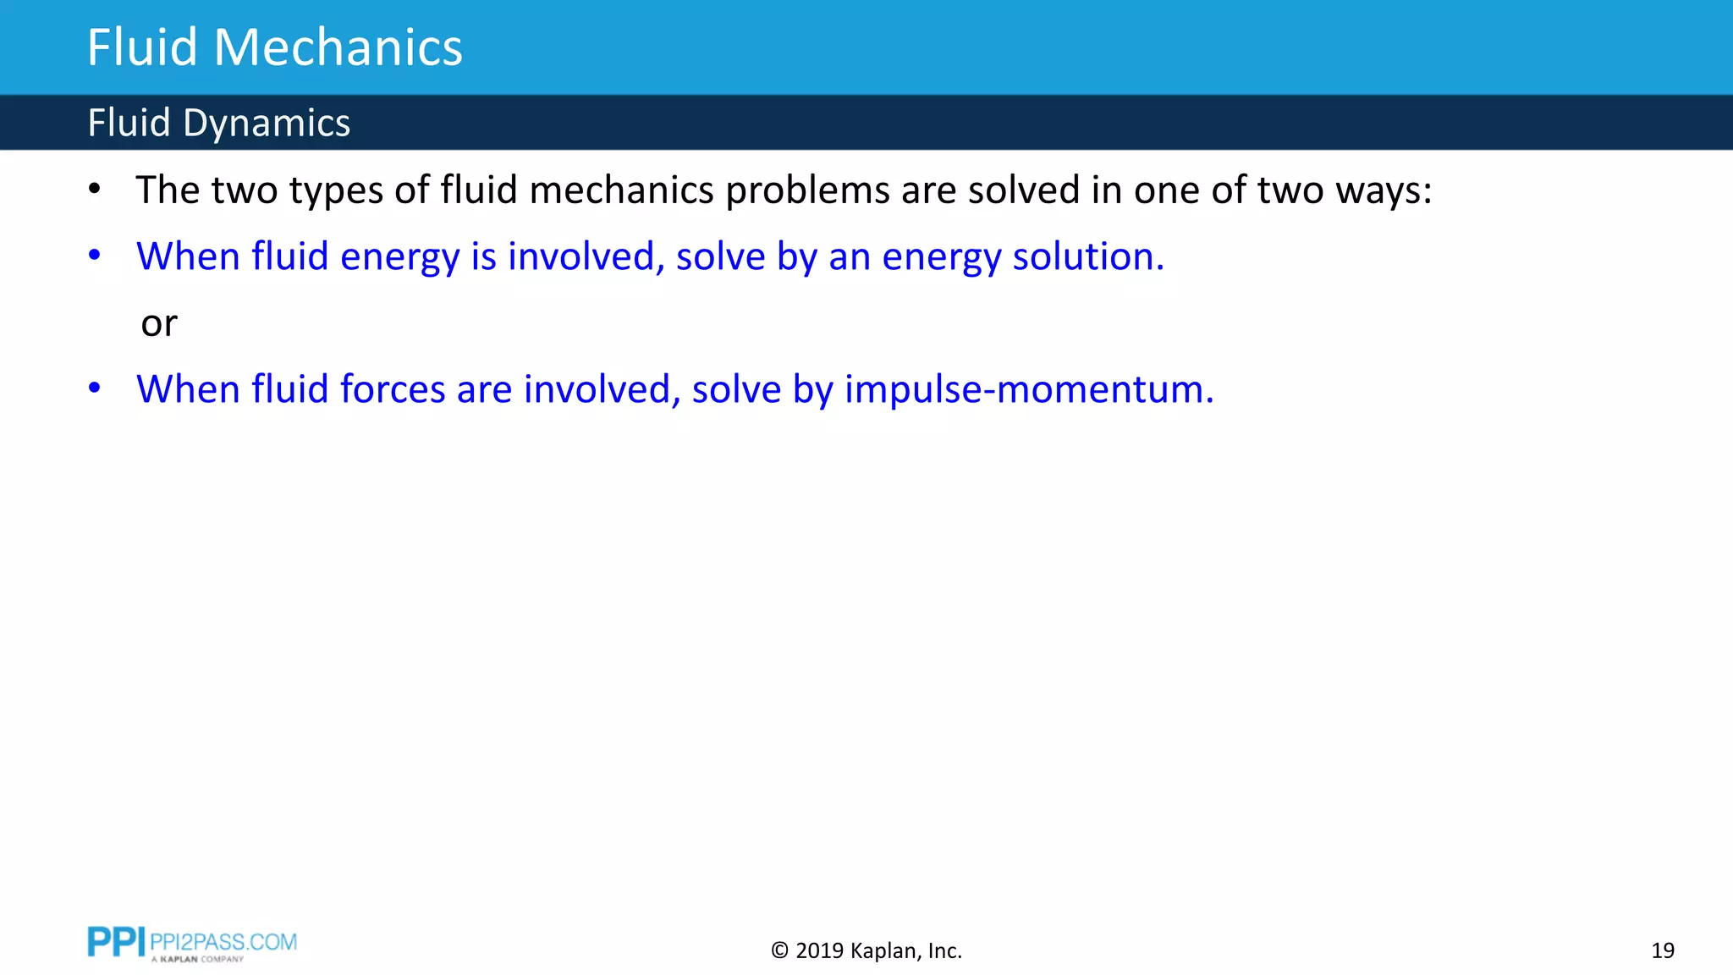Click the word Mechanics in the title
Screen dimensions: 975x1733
tap(338, 47)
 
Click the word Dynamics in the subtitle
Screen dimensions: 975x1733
tap(266, 123)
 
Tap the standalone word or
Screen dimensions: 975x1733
tap(159, 323)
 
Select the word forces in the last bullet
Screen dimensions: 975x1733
tap(392, 389)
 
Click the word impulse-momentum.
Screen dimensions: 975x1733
tap(1029, 389)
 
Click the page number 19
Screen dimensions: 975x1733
tap(1662, 950)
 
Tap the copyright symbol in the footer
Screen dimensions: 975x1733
tap(779, 950)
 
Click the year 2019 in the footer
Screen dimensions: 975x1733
tap(819, 950)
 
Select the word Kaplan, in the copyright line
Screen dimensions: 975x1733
tap(884, 950)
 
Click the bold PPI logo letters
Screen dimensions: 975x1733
tap(116, 942)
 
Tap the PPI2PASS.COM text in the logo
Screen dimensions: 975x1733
tap(223, 941)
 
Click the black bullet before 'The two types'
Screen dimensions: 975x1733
tap(95, 190)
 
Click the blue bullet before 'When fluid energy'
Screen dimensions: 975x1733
tap(95, 256)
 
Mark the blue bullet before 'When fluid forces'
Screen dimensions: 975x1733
tap(95, 388)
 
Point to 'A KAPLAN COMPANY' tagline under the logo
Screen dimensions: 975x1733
tap(197, 960)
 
